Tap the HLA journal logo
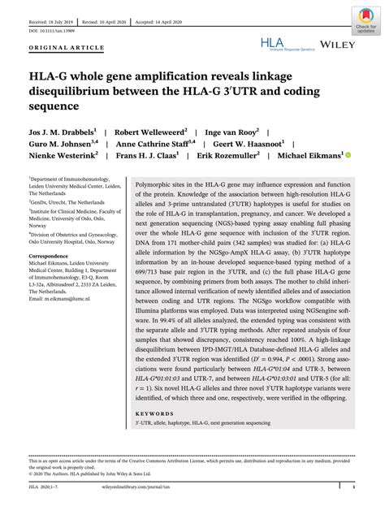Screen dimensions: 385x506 (280, 43)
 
